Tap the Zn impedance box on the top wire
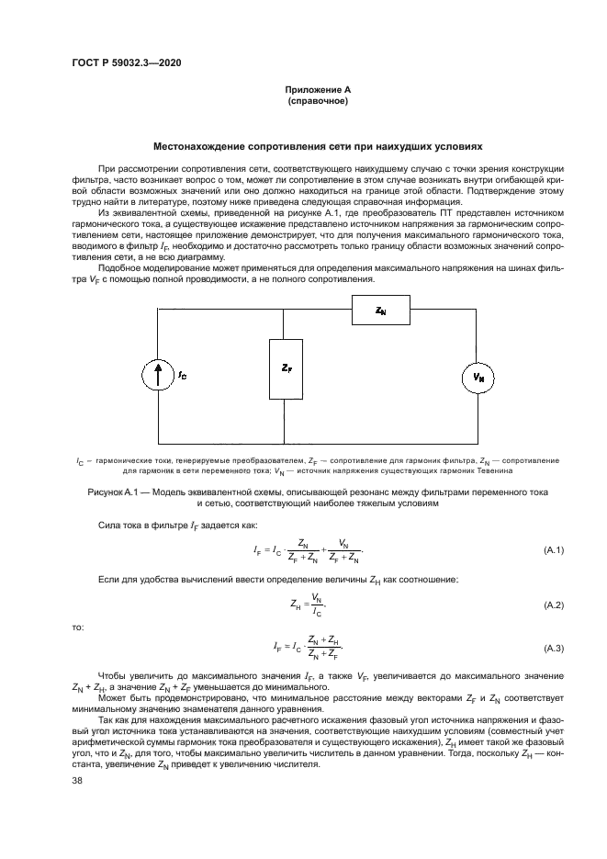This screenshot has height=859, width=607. point(381,312)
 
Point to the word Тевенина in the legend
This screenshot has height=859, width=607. point(495,470)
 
